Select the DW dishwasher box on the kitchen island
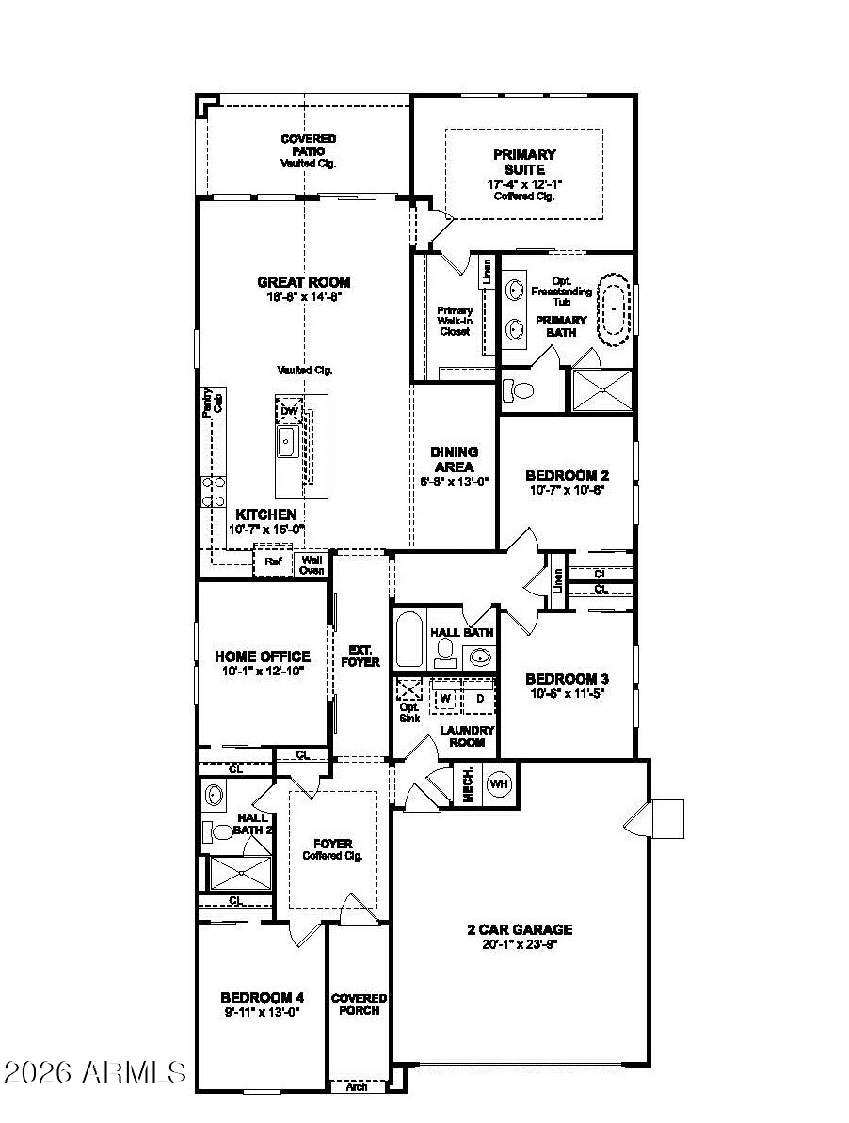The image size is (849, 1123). click(289, 411)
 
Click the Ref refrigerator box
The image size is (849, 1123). click(273, 562)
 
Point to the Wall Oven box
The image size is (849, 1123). click(312, 564)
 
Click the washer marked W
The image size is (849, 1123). click(445, 698)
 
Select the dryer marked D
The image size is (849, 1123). click(479, 698)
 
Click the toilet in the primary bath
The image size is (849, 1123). click(518, 388)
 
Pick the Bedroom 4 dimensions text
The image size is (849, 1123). click(262, 1013)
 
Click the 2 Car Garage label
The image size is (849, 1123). click(520, 929)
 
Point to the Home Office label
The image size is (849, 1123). click(263, 656)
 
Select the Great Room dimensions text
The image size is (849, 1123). click(303, 296)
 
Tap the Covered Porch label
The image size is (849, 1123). click(359, 1004)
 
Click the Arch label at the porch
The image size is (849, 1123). click(357, 1087)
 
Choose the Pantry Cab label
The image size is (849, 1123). click(213, 402)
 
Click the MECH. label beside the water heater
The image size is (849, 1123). click(468, 785)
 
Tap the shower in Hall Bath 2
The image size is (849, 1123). click(240, 874)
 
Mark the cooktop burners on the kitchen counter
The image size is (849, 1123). click(214, 492)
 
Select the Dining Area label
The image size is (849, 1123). click(455, 459)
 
